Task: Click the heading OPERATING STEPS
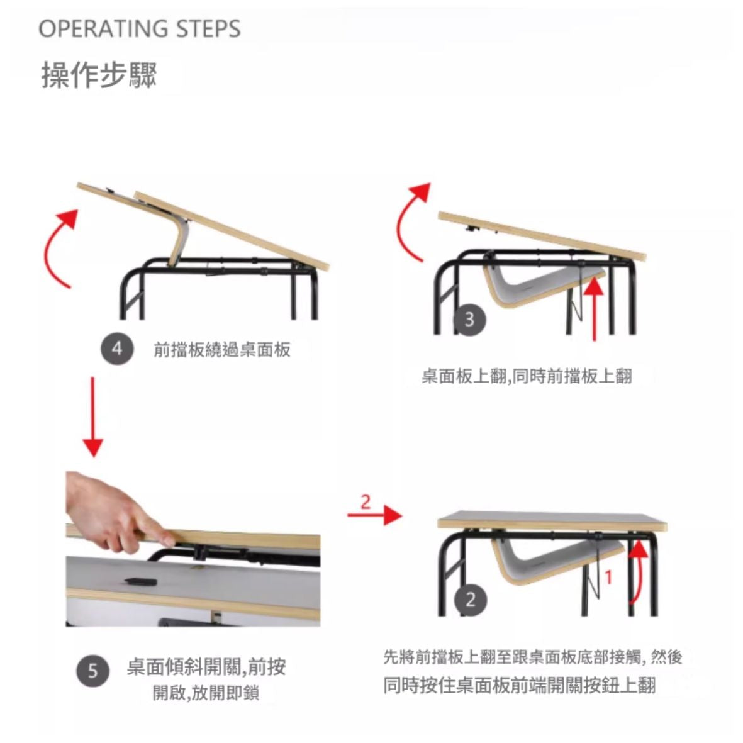[x=139, y=29]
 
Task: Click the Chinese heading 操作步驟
[x=99, y=75]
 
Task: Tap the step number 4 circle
[x=117, y=349]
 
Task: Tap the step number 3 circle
[x=469, y=320]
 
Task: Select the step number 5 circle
[x=93, y=671]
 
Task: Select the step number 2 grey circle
[x=469, y=600]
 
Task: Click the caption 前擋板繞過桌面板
[x=221, y=350]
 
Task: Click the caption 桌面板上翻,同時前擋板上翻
[x=527, y=376]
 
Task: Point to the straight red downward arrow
[x=93, y=417]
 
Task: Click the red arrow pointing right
[x=375, y=515]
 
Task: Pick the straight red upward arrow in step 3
[x=594, y=310]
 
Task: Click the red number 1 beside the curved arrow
[x=609, y=577]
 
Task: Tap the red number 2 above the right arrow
[x=366, y=501]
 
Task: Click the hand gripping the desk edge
[x=116, y=511]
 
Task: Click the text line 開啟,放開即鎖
[x=206, y=693]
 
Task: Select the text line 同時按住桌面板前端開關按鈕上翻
[x=520, y=685]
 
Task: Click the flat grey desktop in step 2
[x=552, y=520]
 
